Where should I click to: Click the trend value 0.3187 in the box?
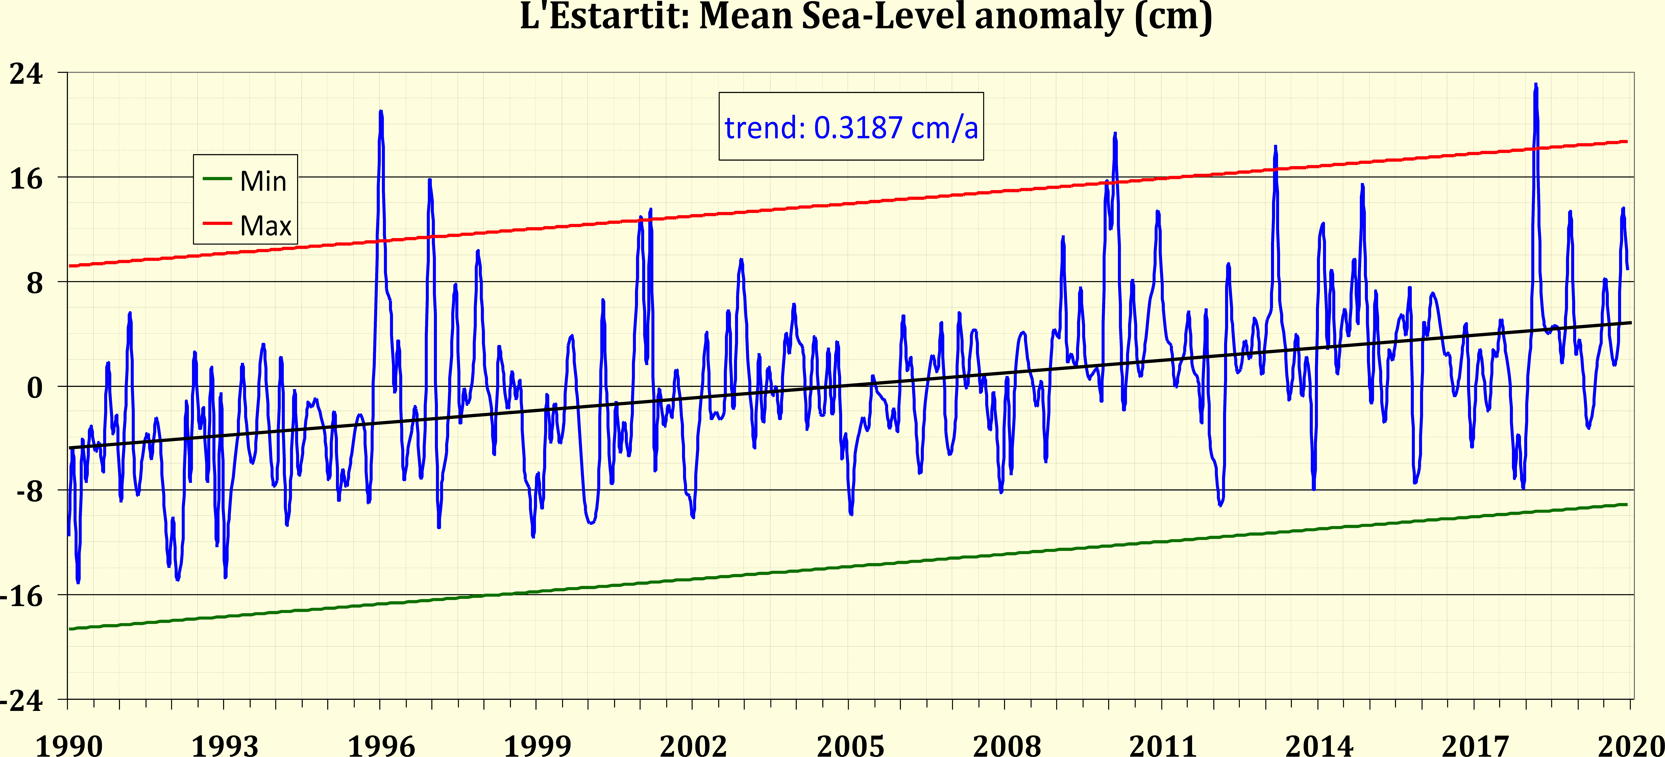point(858,127)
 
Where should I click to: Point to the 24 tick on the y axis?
point(26,73)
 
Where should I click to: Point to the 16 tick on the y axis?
point(26,178)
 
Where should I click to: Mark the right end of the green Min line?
point(1626,504)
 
